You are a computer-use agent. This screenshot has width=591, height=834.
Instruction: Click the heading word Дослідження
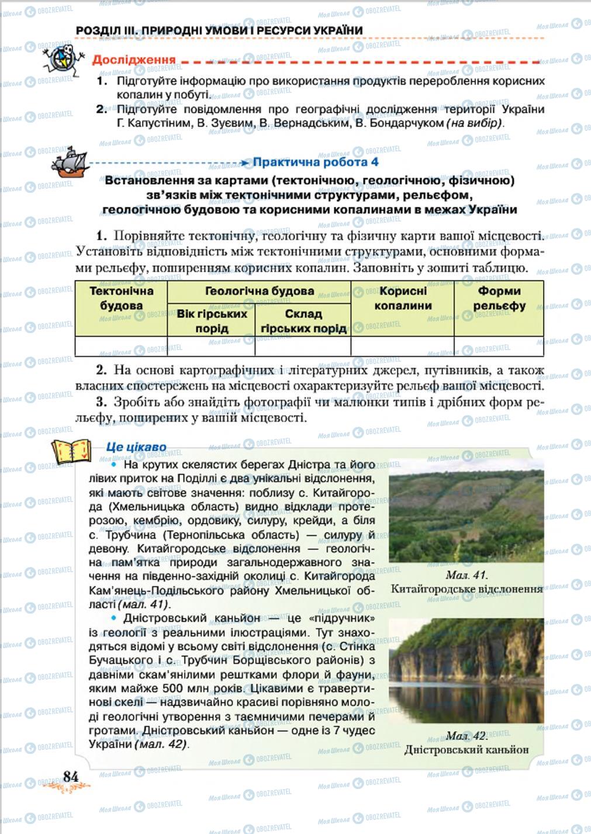(134, 60)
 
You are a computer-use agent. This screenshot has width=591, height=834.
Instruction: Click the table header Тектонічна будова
(121, 298)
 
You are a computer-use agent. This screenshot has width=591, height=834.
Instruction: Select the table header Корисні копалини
(403, 298)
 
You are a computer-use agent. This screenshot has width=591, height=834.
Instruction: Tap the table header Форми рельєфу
(499, 298)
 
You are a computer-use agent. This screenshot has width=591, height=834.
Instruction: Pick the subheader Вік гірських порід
(212, 321)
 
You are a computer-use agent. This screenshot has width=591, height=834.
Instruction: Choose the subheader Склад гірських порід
(303, 321)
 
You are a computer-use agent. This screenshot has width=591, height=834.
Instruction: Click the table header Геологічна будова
(260, 291)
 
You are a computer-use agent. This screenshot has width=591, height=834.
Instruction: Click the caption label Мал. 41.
(466, 575)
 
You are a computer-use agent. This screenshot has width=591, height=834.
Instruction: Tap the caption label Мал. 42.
(466, 735)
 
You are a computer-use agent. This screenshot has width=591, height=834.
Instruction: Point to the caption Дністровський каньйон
(466, 749)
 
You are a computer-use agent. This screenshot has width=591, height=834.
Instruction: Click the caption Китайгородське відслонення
(466, 589)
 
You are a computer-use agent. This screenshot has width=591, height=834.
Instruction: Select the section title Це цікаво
(136, 447)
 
